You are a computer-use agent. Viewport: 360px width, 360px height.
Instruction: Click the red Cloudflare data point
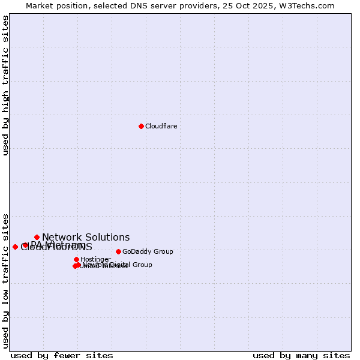pos(141,126)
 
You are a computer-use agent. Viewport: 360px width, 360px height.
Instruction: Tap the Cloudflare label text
pos(161,126)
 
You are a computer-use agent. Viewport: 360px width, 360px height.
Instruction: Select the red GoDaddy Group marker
pos(118,251)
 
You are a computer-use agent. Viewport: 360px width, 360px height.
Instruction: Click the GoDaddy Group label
pos(148,251)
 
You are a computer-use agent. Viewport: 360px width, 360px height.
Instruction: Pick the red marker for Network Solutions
pos(37,237)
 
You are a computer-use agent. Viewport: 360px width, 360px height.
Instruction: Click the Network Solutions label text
pos(86,237)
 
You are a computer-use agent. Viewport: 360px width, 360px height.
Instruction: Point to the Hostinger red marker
pos(76,259)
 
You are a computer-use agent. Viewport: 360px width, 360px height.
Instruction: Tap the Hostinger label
pos(95,259)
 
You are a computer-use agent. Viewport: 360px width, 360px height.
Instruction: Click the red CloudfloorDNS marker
pos(15,247)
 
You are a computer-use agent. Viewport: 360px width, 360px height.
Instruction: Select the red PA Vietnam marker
pos(25,245)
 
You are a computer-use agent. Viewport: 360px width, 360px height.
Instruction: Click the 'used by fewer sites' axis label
pos(62,355)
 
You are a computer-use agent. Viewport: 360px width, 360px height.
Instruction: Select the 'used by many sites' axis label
pos(301,355)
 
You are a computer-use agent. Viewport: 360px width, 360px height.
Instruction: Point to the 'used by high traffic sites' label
pos(5,85)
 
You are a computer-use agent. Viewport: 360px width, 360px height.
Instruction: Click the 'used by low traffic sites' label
pos(5,280)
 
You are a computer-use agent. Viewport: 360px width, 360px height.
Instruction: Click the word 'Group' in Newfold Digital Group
pos(142,265)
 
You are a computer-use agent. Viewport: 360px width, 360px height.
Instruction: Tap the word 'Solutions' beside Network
pos(107,237)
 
